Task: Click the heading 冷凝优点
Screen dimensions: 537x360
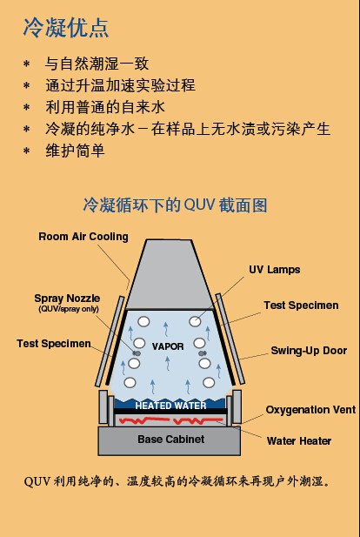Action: [65, 28]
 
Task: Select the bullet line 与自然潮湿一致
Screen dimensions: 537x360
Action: [97, 64]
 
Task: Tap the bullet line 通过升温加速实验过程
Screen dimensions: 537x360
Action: [120, 85]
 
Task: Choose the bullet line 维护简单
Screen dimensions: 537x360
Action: [75, 151]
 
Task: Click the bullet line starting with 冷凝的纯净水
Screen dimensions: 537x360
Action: [188, 129]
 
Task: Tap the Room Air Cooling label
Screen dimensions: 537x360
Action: [83, 237]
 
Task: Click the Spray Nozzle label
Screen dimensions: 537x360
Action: [67, 299]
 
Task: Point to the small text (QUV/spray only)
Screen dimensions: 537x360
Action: [67, 309]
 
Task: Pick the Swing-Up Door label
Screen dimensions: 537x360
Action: [309, 351]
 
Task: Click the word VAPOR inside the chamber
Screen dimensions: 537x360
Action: [168, 346]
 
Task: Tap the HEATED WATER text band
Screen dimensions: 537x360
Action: [170, 406]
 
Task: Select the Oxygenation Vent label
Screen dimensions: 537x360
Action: [310, 410]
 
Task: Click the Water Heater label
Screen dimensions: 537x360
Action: [299, 441]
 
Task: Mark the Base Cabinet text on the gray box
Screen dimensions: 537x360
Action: [171, 440]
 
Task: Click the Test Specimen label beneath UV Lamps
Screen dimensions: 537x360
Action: [301, 305]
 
